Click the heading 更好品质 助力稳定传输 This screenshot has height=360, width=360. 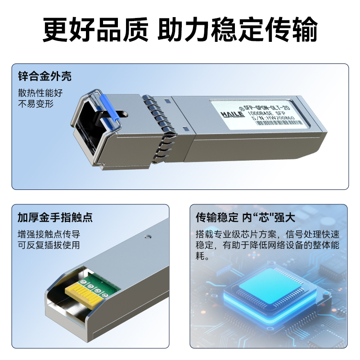(x=180, y=30)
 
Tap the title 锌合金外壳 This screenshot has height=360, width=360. (x=45, y=76)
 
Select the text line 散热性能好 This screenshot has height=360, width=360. (x=40, y=93)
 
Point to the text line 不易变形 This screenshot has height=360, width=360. (x=36, y=104)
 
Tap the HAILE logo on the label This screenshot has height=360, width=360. (x=233, y=114)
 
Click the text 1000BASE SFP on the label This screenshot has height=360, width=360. (x=266, y=113)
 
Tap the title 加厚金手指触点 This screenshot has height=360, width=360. (x=55, y=217)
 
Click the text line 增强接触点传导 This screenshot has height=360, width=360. (x=49, y=234)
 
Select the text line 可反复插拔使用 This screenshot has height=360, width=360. (x=49, y=245)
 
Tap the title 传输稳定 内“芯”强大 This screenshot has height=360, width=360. (x=245, y=217)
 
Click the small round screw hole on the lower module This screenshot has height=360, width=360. (x=148, y=237)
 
